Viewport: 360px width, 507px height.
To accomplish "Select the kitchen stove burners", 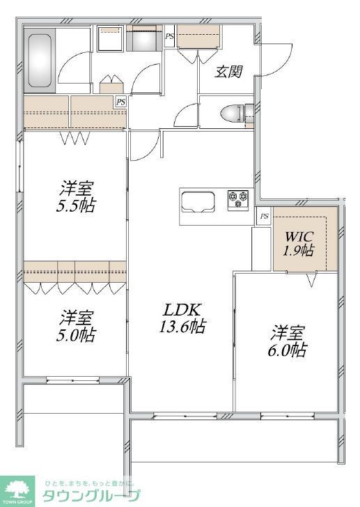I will [238, 199].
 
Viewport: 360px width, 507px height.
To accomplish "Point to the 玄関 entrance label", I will [228, 72].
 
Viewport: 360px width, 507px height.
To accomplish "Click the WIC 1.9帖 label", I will [299, 243].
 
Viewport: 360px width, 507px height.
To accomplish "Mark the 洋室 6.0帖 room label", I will [288, 341].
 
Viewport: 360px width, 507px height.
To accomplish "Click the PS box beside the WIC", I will [264, 216].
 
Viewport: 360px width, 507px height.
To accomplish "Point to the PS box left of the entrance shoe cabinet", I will [169, 36].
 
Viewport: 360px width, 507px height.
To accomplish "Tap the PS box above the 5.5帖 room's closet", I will [121, 102].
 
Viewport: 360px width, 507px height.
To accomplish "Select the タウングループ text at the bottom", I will [91, 496].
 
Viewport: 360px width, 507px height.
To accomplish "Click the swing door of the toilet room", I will [189, 114].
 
